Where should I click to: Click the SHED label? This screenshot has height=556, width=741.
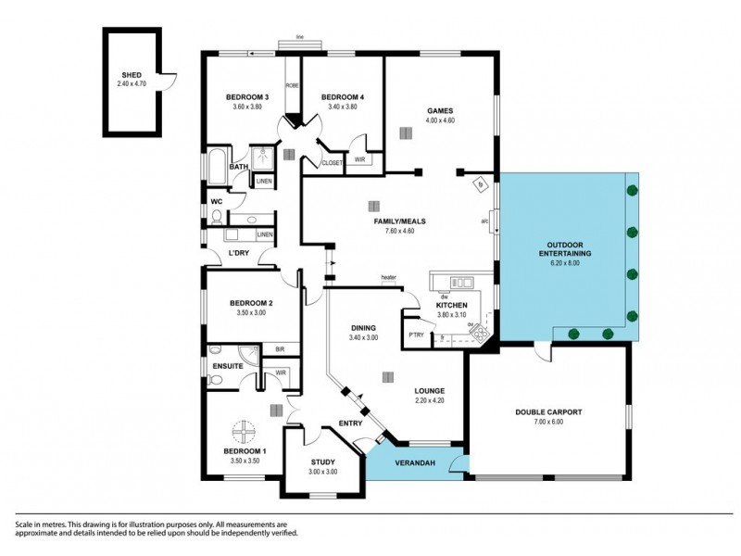pos(132,75)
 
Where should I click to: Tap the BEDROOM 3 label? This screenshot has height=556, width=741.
pos(247,97)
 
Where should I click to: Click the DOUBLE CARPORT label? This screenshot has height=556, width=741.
pos(548,411)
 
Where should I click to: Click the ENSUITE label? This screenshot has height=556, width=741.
pos(228,366)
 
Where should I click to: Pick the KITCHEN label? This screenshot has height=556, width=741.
pos(452,305)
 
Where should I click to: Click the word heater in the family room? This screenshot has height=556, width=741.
pos(389,276)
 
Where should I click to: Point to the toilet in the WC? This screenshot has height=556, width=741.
pos(215,218)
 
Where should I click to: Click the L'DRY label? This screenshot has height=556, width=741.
pos(239,253)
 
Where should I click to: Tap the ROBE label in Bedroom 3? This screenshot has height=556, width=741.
pos(290,85)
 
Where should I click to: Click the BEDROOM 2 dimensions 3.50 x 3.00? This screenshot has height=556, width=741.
pos(252,312)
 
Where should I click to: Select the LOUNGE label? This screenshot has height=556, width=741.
pos(430,391)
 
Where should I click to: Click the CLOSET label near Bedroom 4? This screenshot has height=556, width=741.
pos(332,163)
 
